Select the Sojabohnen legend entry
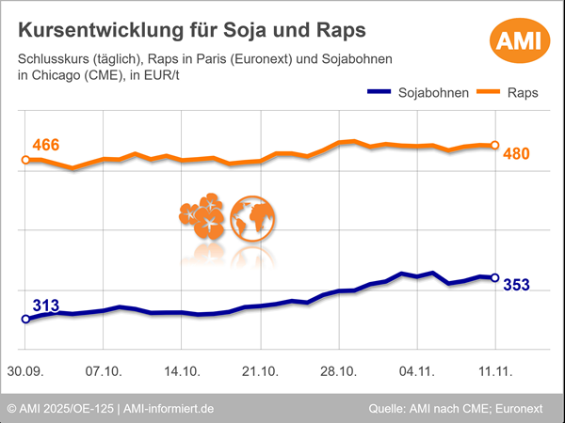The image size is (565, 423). pos(406,93)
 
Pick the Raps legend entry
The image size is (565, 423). pos(505,93)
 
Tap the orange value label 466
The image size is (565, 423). pos(46,146)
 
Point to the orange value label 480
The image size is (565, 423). pos(517,153)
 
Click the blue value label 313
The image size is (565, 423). pos(46,305)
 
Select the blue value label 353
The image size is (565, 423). pos(517,285)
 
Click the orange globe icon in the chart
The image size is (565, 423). pos(252,217)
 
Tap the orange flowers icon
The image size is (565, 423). pos(201,217)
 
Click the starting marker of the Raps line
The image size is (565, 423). pos(25,160)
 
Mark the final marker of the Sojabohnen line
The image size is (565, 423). pos(495,277)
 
